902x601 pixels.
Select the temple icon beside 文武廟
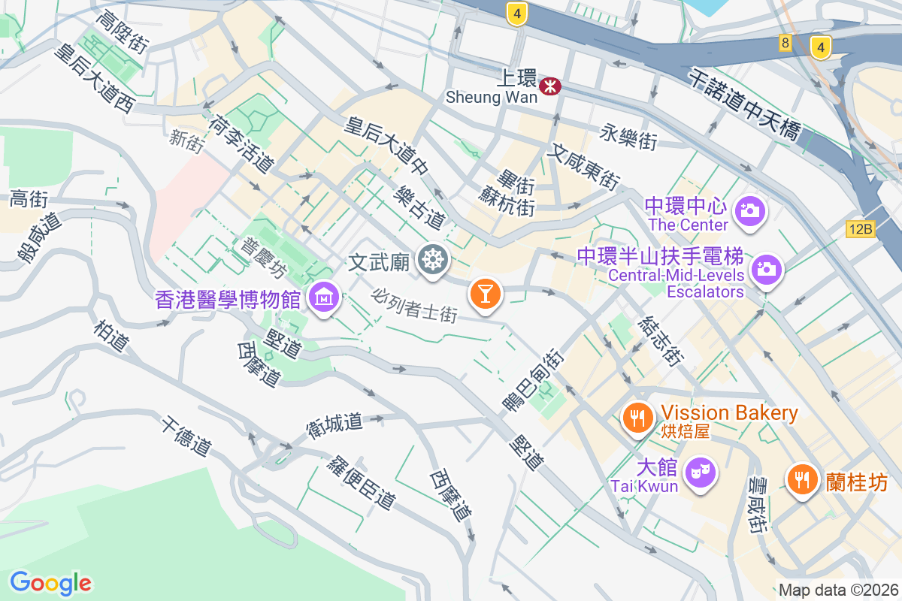[433, 260]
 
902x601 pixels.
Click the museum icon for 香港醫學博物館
[323, 297]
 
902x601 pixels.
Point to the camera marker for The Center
[749, 210]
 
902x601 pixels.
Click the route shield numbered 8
[785, 43]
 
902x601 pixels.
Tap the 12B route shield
[861, 229]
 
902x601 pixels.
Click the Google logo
[50, 583]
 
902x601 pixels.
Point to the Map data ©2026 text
[838, 590]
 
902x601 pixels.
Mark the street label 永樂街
[629, 137]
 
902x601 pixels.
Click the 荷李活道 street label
[241, 142]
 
